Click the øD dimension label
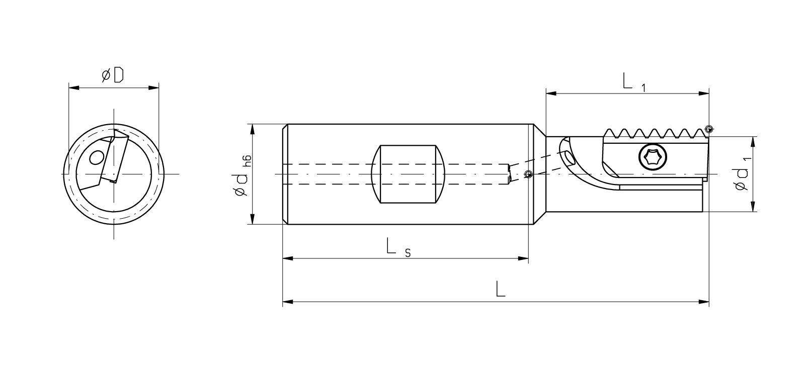[x=113, y=75]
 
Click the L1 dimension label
[x=634, y=82]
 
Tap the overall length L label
[x=501, y=289]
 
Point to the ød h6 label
[x=242, y=175]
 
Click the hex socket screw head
[x=653, y=157]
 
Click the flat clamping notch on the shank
[x=408, y=174]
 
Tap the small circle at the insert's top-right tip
[x=708, y=129]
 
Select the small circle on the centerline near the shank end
[x=528, y=174]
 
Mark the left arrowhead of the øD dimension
[x=73, y=87]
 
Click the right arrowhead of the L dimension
[x=704, y=302]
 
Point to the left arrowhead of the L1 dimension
[x=551, y=94]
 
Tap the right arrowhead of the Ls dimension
[x=523, y=258]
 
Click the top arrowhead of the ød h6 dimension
[x=252, y=129]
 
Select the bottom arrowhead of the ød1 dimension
[x=753, y=207]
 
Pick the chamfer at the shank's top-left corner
[x=285, y=128]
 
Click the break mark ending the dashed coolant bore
[x=509, y=174]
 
